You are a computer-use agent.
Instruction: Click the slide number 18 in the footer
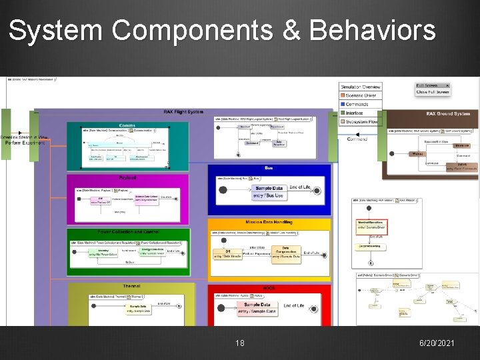tap(240, 343)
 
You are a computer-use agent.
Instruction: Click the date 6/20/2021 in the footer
tap(437, 343)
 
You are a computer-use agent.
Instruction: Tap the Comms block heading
tap(127, 125)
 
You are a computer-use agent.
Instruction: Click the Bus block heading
tap(269, 168)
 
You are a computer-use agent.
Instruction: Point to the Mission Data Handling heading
tap(269, 221)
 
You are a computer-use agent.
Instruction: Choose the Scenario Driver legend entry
tap(361, 95)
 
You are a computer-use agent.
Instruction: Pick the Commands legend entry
tap(357, 104)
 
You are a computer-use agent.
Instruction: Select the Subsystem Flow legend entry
tap(361, 121)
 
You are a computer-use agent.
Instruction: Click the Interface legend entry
tap(355, 113)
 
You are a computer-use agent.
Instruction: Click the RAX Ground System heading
tap(448, 114)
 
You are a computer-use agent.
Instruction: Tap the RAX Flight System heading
tap(183, 111)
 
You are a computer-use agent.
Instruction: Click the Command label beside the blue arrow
tap(357, 139)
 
